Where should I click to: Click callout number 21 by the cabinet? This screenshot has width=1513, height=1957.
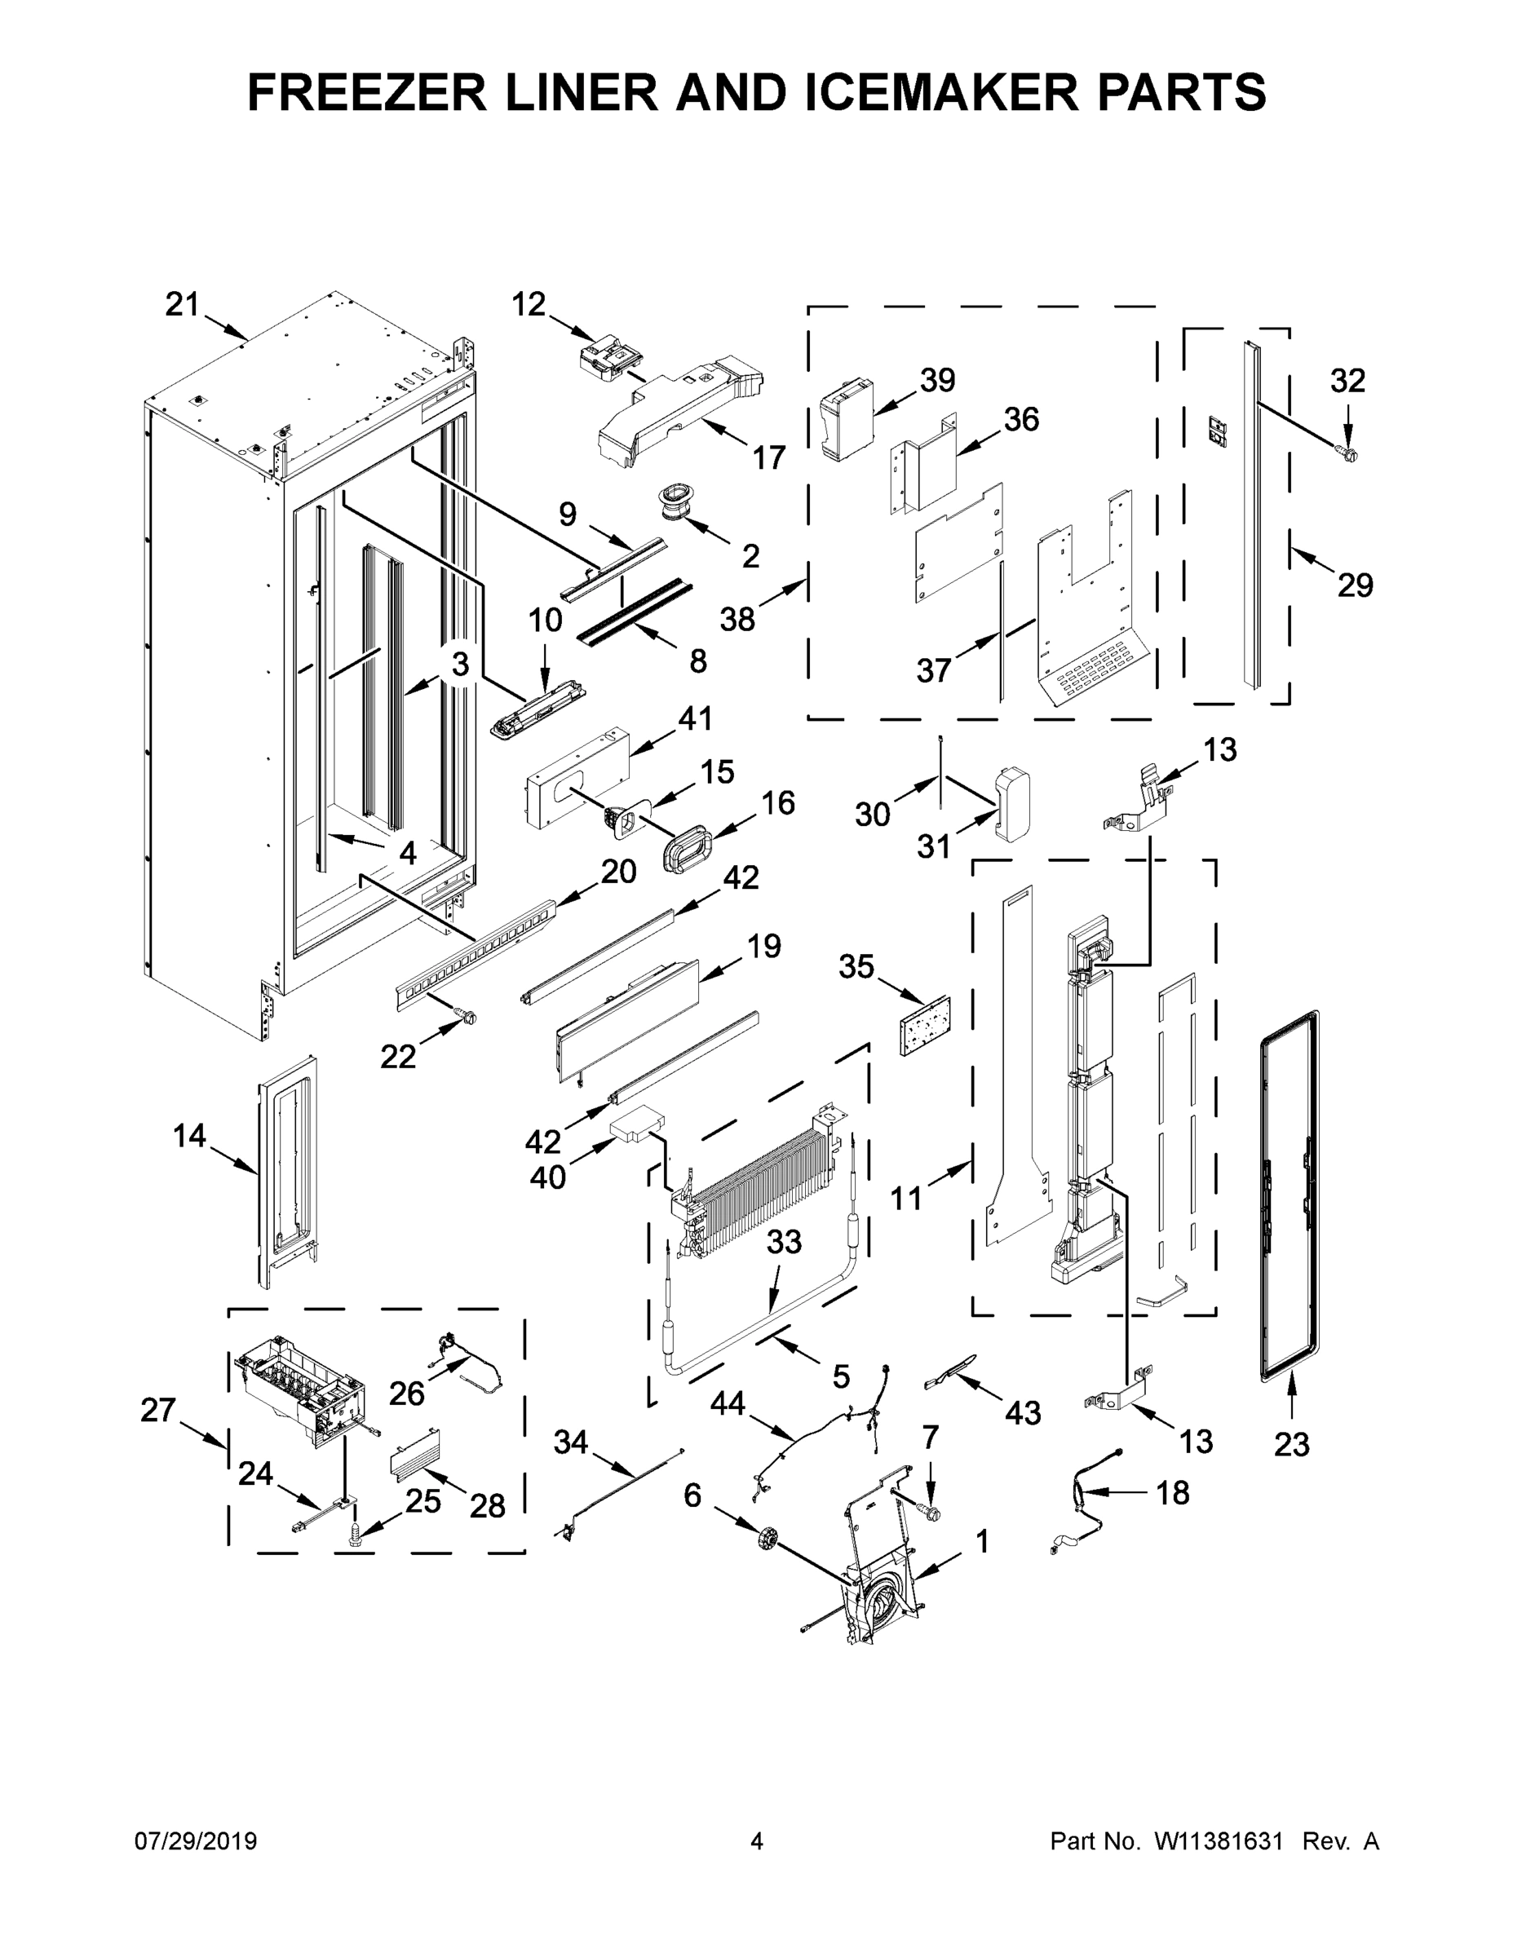click(x=182, y=305)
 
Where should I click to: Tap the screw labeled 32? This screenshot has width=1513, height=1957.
click(x=1344, y=455)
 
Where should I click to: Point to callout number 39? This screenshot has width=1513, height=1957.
click(x=937, y=380)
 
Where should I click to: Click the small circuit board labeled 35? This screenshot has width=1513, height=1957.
click(x=924, y=1023)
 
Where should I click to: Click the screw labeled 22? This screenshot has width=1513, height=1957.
click(x=466, y=1016)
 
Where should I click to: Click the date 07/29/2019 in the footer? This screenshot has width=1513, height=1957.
click(x=196, y=1841)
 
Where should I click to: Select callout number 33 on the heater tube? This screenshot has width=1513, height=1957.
click(x=785, y=1242)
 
